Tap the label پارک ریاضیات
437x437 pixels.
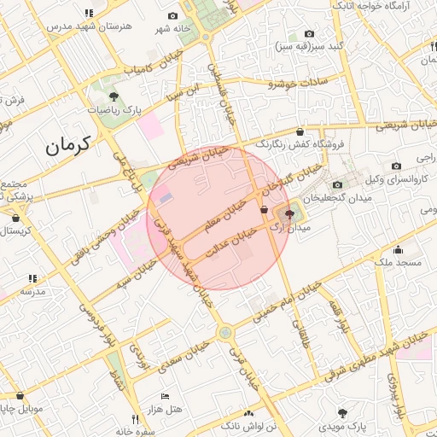(x=115, y=110)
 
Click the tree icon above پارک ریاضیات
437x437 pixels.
(x=114, y=96)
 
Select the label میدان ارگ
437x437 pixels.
(x=287, y=229)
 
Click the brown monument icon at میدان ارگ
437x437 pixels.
(x=288, y=213)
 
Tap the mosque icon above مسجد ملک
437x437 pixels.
(x=398, y=249)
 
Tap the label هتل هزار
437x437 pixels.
(x=166, y=411)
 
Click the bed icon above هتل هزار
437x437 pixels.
(x=165, y=397)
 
